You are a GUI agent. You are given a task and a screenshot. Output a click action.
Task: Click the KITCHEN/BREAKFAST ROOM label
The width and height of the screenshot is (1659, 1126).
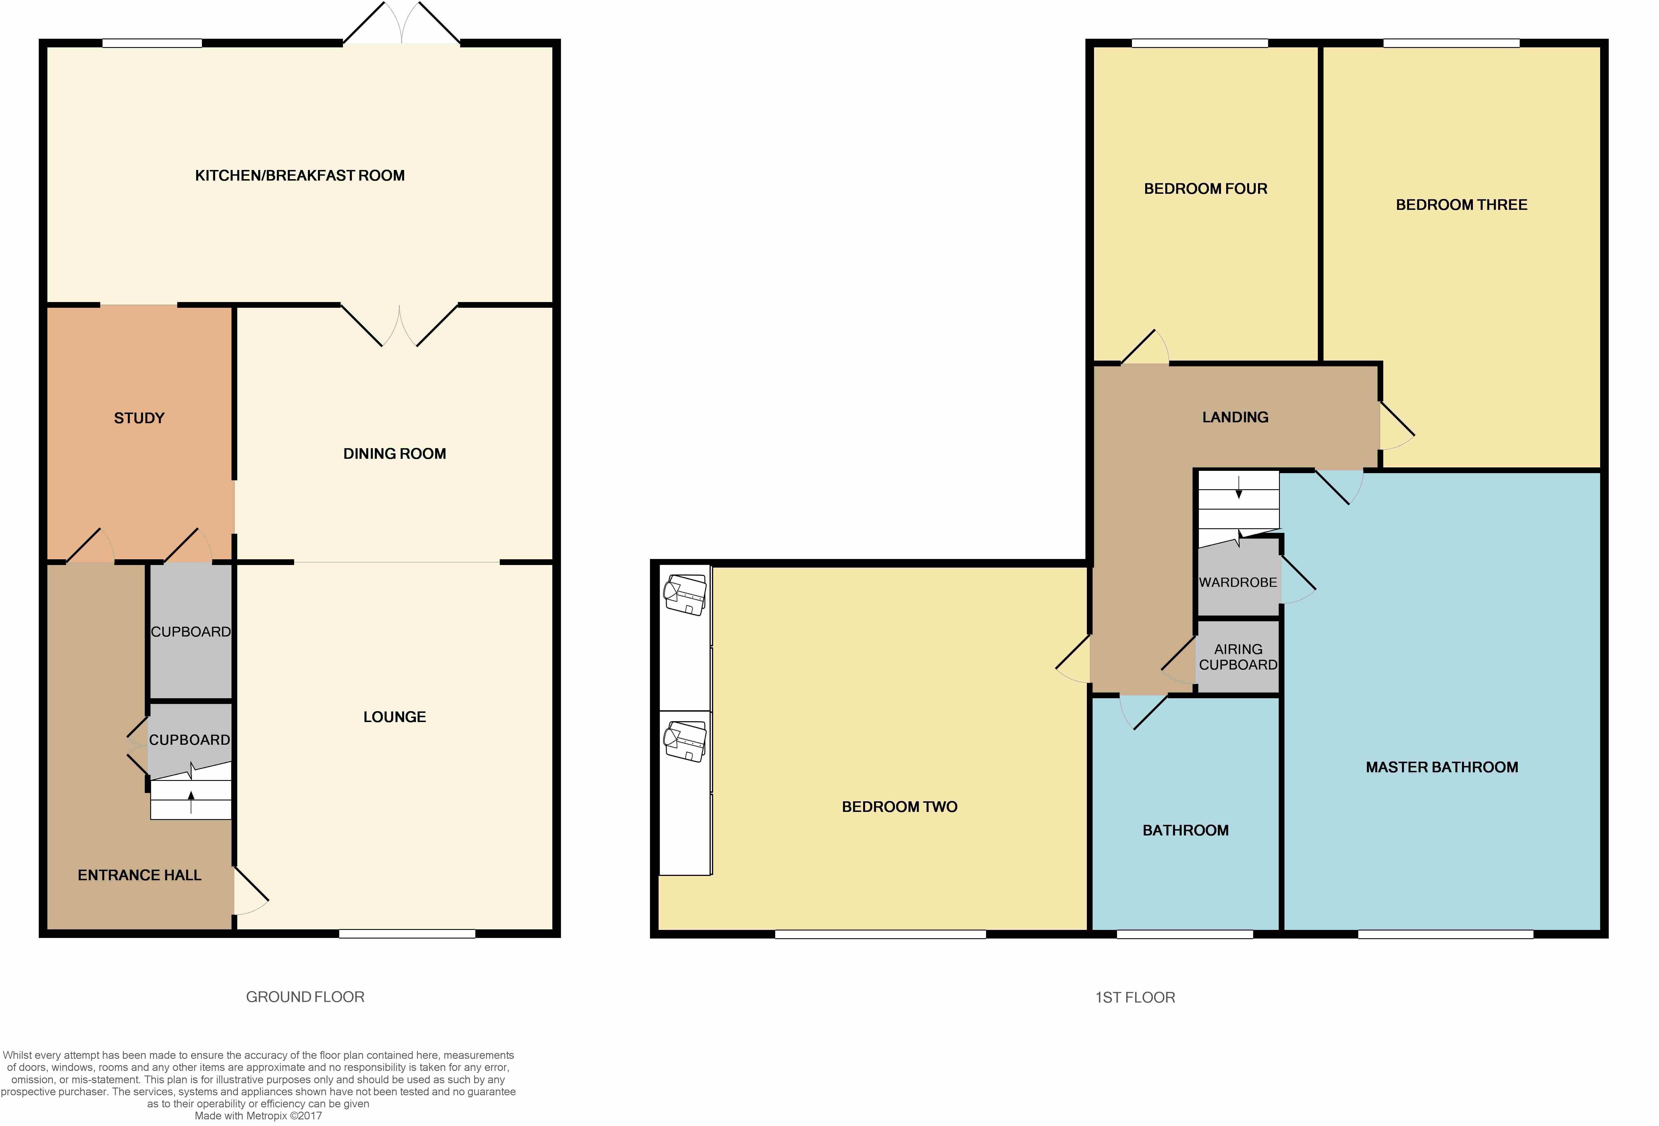(x=300, y=175)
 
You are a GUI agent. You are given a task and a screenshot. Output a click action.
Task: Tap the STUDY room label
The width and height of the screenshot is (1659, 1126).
(x=139, y=418)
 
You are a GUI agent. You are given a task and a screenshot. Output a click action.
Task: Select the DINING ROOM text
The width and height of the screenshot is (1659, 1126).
(x=395, y=454)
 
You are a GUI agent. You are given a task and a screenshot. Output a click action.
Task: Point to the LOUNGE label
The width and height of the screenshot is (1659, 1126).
(x=395, y=717)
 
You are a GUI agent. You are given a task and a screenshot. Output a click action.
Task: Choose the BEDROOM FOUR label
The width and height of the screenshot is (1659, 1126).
(x=1206, y=189)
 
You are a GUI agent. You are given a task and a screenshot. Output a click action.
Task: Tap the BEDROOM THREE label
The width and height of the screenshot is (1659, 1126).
(x=1461, y=205)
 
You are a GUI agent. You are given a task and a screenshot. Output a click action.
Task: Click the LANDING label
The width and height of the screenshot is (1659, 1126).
(x=1235, y=417)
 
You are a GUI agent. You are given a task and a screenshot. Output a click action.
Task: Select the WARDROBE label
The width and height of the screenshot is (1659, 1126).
(x=1238, y=582)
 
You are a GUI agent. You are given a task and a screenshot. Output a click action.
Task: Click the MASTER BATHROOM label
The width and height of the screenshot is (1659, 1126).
(x=1442, y=767)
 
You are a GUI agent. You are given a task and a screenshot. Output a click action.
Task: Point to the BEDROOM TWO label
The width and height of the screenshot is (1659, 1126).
(x=900, y=807)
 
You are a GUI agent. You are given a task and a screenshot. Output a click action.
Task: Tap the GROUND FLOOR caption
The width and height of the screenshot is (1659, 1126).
(x=306, y=997)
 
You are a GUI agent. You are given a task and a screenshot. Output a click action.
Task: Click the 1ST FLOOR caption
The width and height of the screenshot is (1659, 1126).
(x=1135, y=998)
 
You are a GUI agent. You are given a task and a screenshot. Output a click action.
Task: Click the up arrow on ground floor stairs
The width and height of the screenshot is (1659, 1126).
(x=191, y=802)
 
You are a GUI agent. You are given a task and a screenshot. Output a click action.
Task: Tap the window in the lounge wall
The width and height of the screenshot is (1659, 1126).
(x=407, y=934)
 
